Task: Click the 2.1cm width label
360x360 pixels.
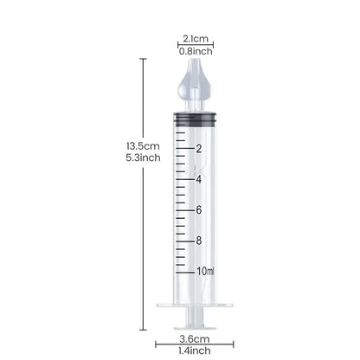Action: point(196,38)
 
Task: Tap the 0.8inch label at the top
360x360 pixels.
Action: point(196,51)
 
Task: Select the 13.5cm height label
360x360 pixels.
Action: point(143,146)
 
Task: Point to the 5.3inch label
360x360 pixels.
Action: point(143,157)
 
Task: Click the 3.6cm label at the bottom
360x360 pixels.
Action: point(195,338)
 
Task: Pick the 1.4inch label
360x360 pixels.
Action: point(195,350)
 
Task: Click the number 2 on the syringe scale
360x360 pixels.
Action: point(199,149)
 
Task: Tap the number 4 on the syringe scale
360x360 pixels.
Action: point(199,179)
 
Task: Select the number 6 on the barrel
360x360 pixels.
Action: point(199,210)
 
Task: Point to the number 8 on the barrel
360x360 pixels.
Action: point(199,241)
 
